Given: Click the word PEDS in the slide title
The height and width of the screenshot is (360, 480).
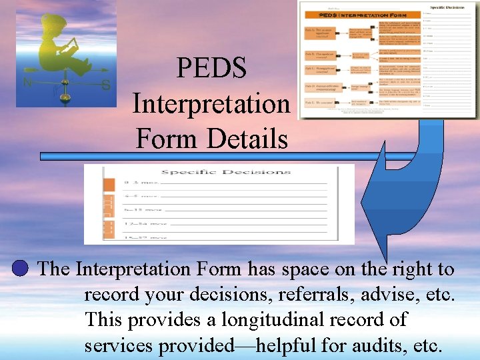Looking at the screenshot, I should (211, 69).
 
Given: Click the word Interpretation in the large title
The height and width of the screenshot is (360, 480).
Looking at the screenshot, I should (211, 104).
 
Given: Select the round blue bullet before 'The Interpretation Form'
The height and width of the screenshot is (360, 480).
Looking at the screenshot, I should (21, 269).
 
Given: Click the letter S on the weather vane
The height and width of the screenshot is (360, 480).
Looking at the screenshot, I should (105, 85).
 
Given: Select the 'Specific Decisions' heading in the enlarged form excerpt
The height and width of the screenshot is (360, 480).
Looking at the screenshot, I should (226, 172).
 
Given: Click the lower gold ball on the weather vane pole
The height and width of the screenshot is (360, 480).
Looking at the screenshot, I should (65, 97).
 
